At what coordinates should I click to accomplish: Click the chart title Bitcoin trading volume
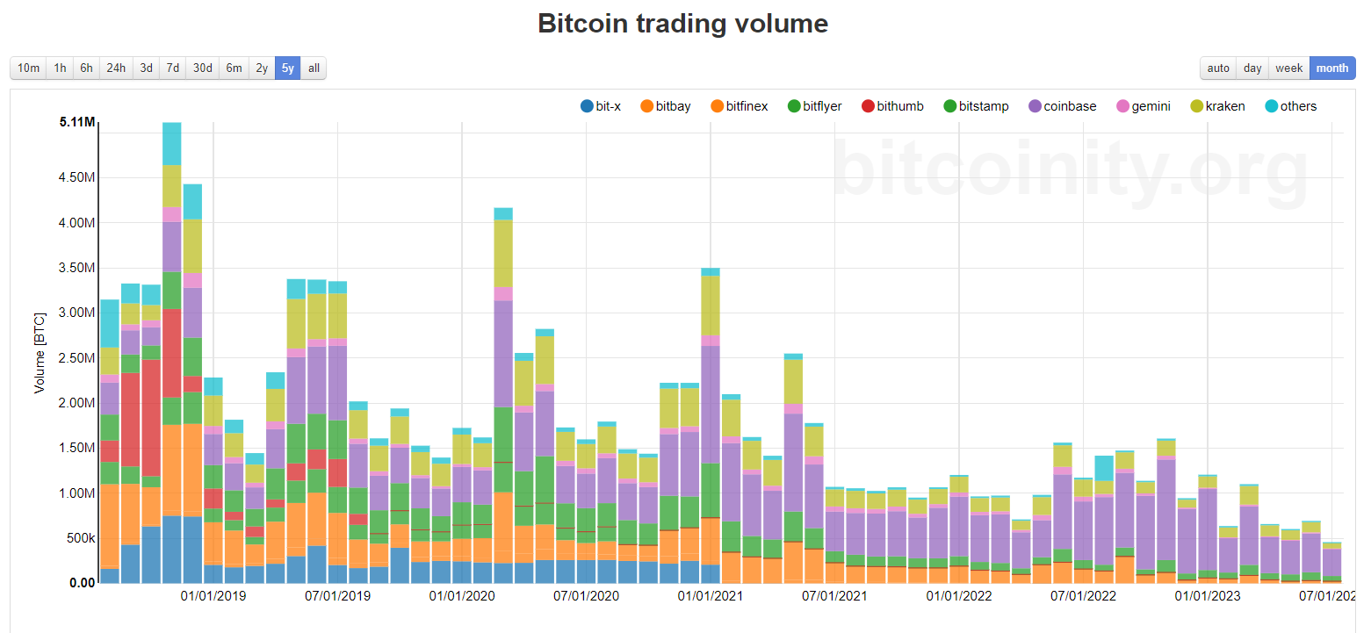pos(682,24)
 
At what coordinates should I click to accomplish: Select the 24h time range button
pos(116,68)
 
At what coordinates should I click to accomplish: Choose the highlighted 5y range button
pos(287,68)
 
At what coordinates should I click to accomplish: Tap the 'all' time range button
pos(314,68)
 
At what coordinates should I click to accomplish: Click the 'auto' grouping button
pos(1218,68)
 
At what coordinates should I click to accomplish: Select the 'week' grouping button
pos(1288,68)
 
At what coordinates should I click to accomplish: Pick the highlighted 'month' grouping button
pos(1331,68)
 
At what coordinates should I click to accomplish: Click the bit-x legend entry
pos(601,106)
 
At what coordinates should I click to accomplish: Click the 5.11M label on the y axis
pos(77,122)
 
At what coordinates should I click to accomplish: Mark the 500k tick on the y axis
pos(77,538)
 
